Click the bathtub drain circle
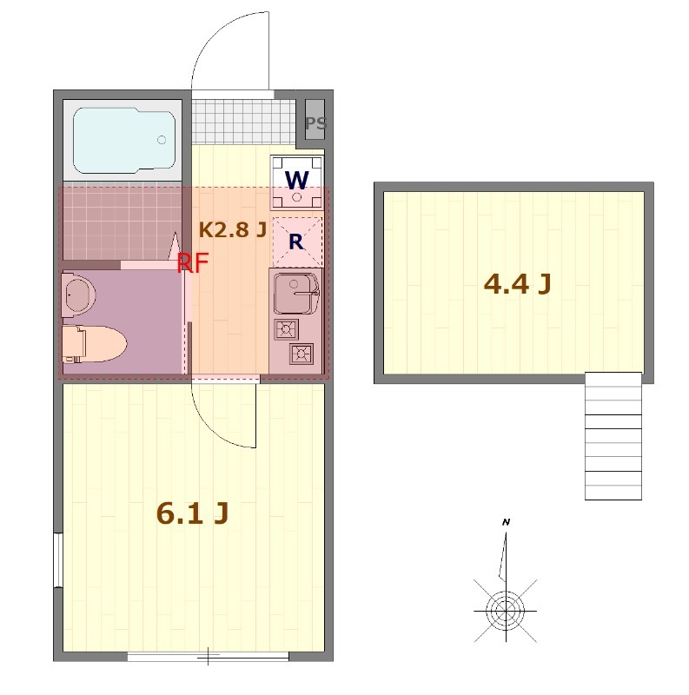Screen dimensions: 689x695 pyautogui.click(x=162, y=140)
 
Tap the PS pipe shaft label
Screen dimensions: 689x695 pyautogui.click(x=316, y=122)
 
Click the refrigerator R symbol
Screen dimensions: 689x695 pyautogui.click(x=296, y=242)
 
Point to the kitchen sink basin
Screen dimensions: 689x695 pyautogui.click(x=295, y=293)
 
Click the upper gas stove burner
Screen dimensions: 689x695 pyautogui.click(x=286, y=329)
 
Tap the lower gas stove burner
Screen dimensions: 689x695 pyautogui.click(x=301, y=354)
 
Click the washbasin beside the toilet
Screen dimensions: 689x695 pyautogui.click(x=78, y=294)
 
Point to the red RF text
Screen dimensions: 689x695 pyautogui.click(x=193, y=263)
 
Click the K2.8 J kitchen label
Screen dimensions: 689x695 pyautogui.click(x=233, y=229)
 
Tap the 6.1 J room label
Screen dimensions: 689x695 pyautogui.click(x=192, y=513)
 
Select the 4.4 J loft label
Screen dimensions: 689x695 pyautogui.click(x=517, y=284)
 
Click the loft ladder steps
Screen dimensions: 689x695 pyautogui.click(x=613, y=436)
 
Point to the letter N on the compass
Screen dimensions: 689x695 pyautogui.click(x=506, y=522)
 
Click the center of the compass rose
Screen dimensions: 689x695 pyautogui.click(x=506, y=611)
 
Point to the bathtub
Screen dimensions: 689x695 pyautogui.click(x=124, y=140)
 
